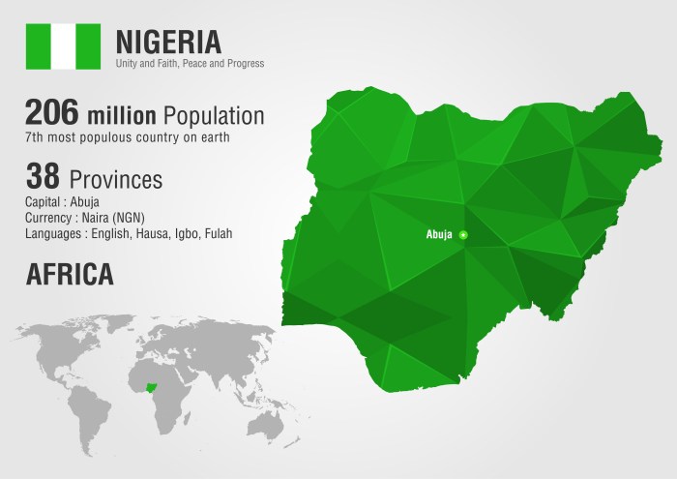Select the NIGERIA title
[x=167, y=41]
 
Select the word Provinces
[x=116, y=180]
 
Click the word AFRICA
[x=70, y=274]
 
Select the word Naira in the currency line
[x=97, y=218]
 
